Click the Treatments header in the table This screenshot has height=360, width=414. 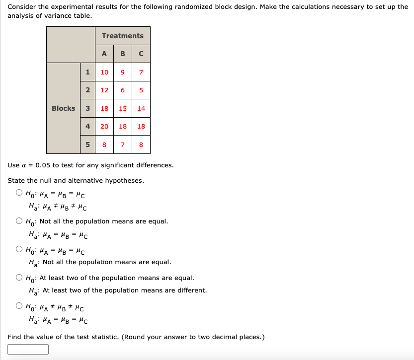(x=122, y=36)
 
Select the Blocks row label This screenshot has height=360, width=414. (x=64, y=108)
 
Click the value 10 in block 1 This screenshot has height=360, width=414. (x=104, y=72)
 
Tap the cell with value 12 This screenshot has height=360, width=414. (x=104, y=90)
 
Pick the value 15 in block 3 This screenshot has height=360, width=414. (x=123, y=108)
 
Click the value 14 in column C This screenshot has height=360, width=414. (x=141, y=108)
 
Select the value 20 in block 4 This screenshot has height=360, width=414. (x=104, y=126)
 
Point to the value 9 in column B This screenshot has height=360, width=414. (x=123, y=72)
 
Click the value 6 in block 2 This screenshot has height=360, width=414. (x=123, y=90)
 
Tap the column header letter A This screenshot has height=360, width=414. (x=104, y=54)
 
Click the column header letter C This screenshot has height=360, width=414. (x=141, y=54)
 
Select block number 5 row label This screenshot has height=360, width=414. (x=87, y=144)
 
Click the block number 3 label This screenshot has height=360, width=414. (x=87, y=108)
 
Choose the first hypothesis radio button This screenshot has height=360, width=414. (x=19, y=193)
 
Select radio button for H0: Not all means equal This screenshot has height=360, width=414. (x=19, y=221)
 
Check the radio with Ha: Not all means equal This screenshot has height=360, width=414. (x=19, y=249)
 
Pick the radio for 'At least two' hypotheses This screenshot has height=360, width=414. (x=19, y=278)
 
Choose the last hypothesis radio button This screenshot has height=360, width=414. (x=19, y=306)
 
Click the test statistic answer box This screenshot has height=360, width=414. (x=28, y=350)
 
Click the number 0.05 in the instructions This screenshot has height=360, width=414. (x=43, y=165)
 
